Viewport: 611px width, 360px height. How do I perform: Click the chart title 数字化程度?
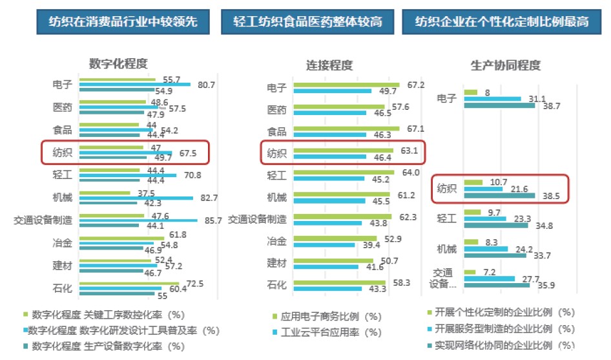(x=118, y=63)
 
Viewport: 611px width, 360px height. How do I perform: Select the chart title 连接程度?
(x=329, y=65)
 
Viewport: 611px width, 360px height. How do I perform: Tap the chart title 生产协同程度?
(x=506, y=65)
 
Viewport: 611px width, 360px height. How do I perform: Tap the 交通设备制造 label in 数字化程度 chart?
(x=42, y=220)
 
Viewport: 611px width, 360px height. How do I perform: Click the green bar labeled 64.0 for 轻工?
(x=343, y=173)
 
